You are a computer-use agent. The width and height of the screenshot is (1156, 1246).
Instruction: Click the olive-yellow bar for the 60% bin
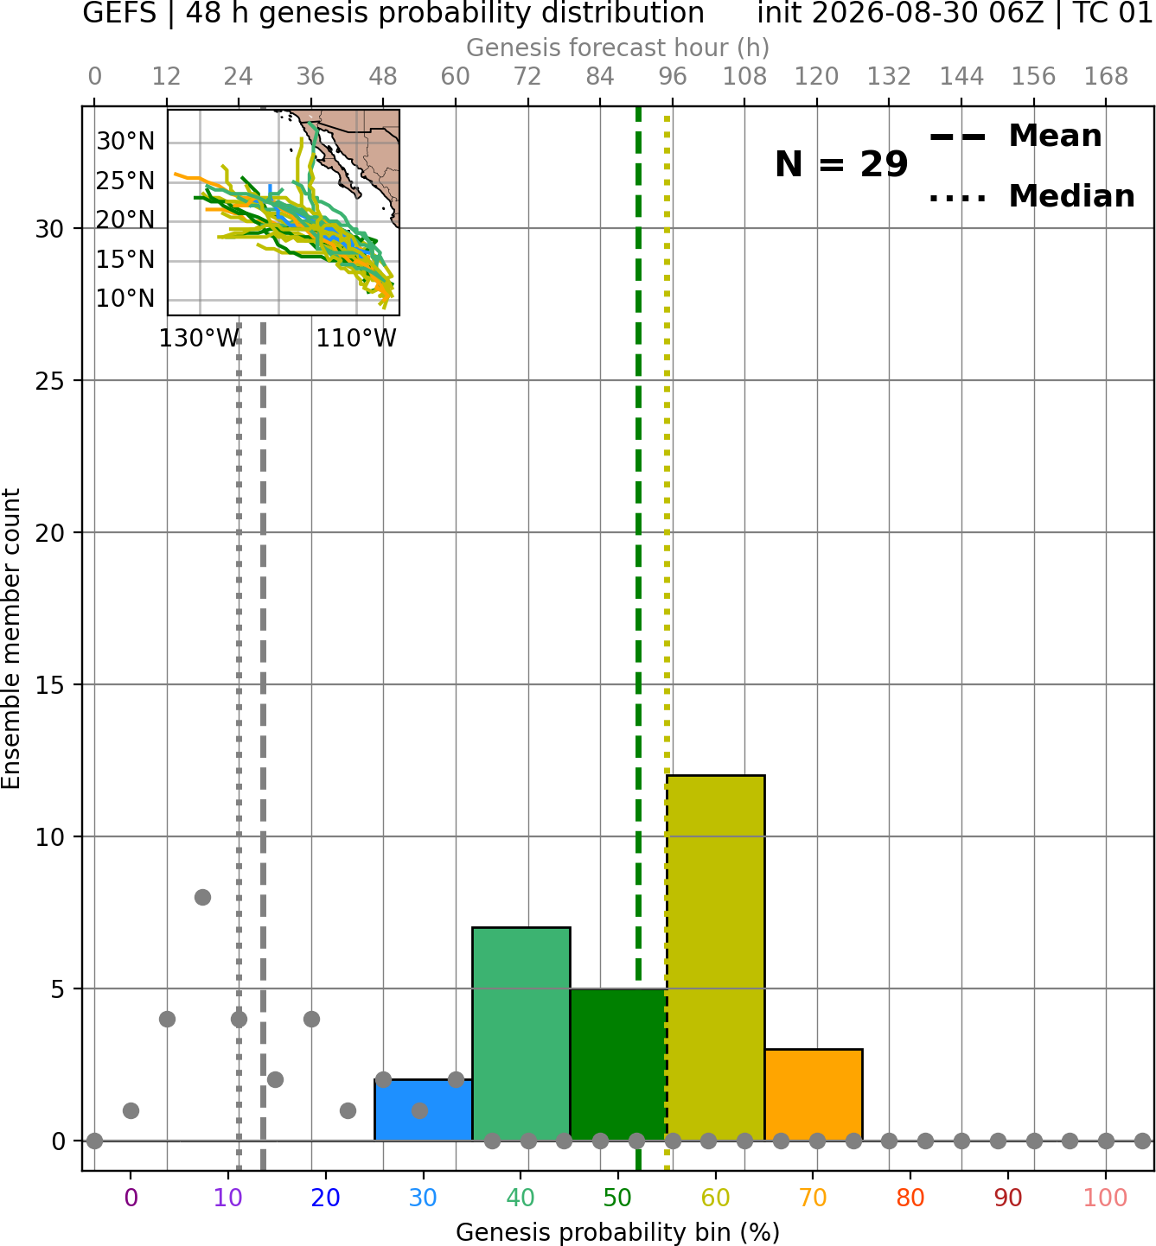coord(716,957)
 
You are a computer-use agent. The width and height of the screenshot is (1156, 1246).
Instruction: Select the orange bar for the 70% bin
coord(814,1094)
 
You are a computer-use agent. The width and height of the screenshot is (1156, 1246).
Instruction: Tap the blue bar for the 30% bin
coord(423,1109)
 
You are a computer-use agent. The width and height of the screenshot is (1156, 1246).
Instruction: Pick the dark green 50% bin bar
coord(618,1065)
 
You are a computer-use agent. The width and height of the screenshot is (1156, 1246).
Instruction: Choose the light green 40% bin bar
coord(521,1033)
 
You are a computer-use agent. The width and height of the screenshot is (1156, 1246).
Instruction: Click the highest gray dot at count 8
coord(202,897)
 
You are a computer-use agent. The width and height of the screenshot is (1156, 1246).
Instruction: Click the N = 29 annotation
coord(841,164)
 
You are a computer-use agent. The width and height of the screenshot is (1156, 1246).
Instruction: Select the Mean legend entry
coord(1015,137)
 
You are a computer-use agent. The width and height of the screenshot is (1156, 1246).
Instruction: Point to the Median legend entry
coord(1031,196)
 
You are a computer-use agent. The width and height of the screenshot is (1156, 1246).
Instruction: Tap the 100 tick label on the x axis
coord(1106,1198)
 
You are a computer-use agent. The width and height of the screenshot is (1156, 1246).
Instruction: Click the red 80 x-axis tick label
coord(910,1198)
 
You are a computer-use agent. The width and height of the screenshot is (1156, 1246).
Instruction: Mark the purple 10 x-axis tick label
coord(228,1198)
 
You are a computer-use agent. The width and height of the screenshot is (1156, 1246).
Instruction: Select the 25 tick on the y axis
coord(50,381)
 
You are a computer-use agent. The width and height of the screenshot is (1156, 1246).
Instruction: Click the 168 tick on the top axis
coord(1106,77)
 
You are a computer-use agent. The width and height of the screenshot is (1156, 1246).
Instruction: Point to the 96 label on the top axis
coord(673,77)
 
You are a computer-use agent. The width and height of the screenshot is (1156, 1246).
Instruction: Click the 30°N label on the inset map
coord(125,142)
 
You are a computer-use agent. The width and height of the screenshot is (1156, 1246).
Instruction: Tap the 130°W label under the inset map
coord(199,339)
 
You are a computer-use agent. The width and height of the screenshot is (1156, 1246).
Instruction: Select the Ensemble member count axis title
coord(11,639)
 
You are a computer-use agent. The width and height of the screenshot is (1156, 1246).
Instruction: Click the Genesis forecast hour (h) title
coord(618,48)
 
